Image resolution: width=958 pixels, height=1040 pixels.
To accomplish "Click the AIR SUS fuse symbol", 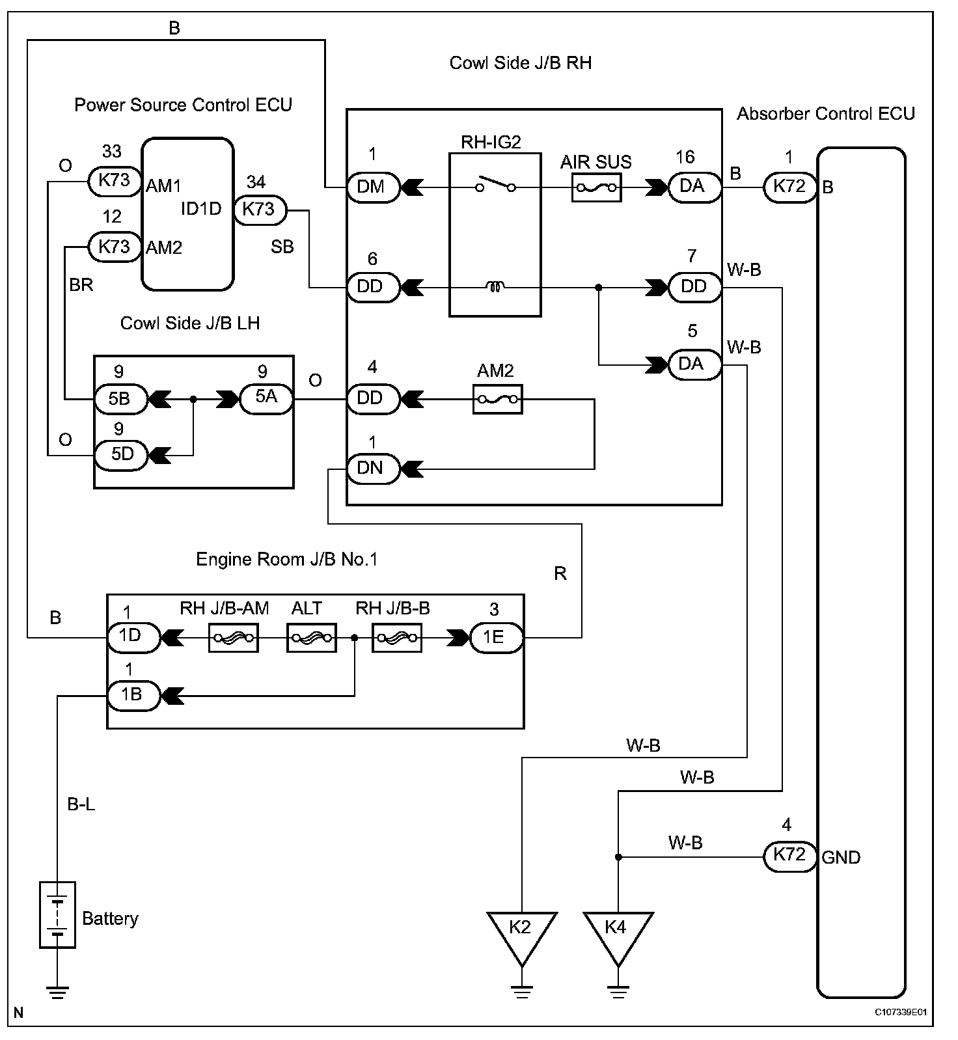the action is [596, 189].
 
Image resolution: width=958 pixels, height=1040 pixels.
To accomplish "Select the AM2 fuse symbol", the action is [497, 399].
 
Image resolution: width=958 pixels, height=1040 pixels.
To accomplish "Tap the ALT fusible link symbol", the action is [312, 638].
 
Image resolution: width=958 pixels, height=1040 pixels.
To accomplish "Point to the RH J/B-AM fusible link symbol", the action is [234, 638].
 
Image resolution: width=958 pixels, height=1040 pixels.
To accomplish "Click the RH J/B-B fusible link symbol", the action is [397, 638].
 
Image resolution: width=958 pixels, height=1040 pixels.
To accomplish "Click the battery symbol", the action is [58, 914].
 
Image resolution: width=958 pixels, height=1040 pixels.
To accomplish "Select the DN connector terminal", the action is [372, 469].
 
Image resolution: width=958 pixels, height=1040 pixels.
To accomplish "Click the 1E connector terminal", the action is [496, 638].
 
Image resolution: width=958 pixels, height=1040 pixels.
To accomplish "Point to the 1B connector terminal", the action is [133, 695].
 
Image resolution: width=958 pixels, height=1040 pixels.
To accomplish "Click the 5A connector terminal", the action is [266, 398].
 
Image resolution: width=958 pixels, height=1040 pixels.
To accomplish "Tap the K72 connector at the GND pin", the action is [789, 855].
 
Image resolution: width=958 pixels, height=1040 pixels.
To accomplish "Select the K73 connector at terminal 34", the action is [260, 210].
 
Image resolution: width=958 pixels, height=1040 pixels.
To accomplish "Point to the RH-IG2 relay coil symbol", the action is [495, 286].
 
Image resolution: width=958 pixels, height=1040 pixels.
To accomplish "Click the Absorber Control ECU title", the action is [826, 114].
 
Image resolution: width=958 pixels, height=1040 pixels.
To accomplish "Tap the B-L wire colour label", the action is [81, 805].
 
